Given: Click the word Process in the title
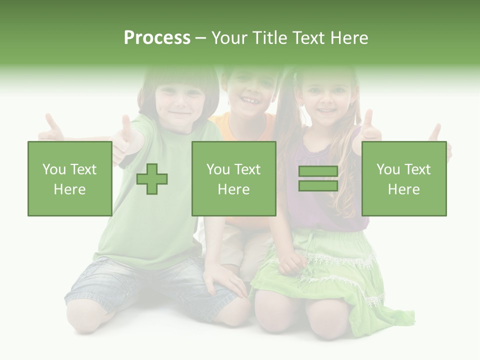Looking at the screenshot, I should click(x=157, y=38).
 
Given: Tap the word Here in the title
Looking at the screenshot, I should click(x=349, y=38).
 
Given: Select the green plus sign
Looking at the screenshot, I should click(x=152, y=178).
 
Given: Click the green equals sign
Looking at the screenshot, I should click(x=318, y=178).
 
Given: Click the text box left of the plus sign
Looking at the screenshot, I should click(x=69, y=178).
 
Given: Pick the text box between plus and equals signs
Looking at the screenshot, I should click(x=233, y=178).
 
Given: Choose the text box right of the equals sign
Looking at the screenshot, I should click(x=403, y=178).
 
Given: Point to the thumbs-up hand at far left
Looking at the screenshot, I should click(x=51, y=128).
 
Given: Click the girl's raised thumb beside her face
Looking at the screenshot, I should click(x=368, y=127).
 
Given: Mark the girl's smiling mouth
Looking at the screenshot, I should click(x=326, y=110).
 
